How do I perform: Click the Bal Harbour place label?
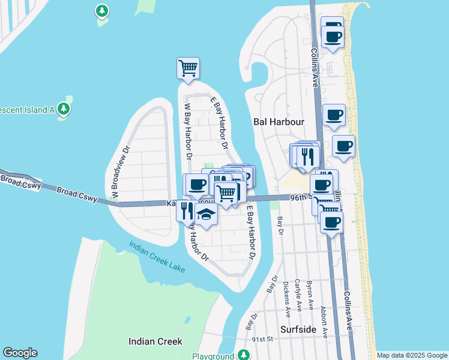(x=279, y=121)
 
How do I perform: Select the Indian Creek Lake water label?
(x=156, y=256)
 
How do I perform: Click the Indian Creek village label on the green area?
(x=155, y=341)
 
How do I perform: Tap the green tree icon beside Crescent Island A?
(x=64, y=109)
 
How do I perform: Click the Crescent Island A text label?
(x=27, y=110)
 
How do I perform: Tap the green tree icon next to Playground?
(x=244, y=355)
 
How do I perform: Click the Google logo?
(x=20, y=353)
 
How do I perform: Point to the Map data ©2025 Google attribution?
(x=411, y=355)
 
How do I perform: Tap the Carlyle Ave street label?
(x=298, y=296)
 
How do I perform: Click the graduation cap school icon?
(x=206, y=214)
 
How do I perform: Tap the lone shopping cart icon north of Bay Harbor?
(x=188, y=68)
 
